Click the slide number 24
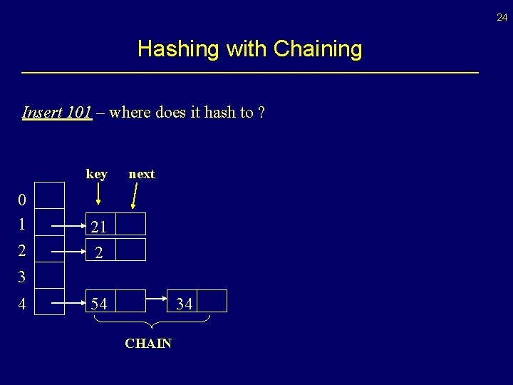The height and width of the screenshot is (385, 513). [x=502, y=17]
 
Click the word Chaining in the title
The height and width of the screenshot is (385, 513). [x=318, y=49]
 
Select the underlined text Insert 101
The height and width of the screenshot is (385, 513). [x=57, y=112]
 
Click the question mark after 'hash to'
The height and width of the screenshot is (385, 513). [x=261, y=112]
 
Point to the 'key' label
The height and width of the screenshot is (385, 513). [x=96, y=174]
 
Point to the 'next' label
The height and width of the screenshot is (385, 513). [x=141, y=174]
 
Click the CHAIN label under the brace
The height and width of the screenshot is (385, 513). [x=148, y=344]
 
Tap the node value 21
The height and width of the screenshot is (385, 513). [x=99, y=227]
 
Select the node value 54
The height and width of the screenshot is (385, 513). [x=99, y=304]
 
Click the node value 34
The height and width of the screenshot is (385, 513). [x=184, y=304]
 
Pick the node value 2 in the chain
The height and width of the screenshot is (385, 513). [x=99, y=252]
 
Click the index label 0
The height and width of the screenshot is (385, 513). [x=22, y=199]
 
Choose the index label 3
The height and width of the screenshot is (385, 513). [x=22, y=277]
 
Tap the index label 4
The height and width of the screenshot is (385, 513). [x=22, y=304]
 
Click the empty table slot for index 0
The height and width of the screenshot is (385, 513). [x=50, y=195]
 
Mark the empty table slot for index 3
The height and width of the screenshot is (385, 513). [x=50, y=274]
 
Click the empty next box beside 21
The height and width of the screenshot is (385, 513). [x=130, y=225]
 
